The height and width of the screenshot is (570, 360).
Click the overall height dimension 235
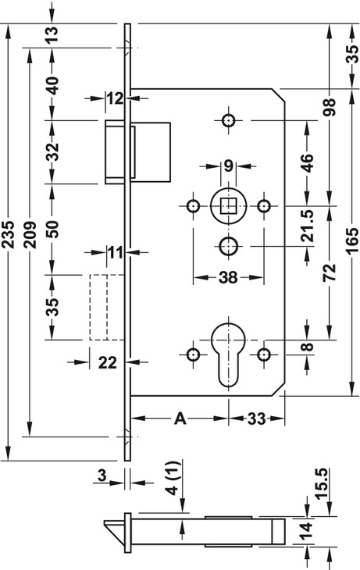[8, 234]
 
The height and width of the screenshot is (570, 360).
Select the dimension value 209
[30, 234]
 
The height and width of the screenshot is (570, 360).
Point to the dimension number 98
[330, 107]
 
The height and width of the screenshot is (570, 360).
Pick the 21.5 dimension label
[308, 226]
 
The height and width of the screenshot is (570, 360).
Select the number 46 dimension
[308, 163]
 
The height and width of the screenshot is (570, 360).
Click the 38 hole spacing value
[228, 278]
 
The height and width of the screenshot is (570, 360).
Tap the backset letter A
[180, 419]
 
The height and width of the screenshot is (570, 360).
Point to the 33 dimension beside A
[257, 419]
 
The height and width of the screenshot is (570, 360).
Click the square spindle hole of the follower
[228, 206]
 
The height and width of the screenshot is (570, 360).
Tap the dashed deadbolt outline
[107, 307]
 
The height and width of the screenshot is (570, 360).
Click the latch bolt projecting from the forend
[117, 152]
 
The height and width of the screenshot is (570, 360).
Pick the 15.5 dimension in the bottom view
[323, 484]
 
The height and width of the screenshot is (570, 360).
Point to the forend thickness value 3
[102, 475]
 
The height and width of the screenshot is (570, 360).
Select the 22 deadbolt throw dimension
[108, 362]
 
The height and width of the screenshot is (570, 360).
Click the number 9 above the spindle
[228, 166]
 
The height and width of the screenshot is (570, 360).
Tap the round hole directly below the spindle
[228, 247]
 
